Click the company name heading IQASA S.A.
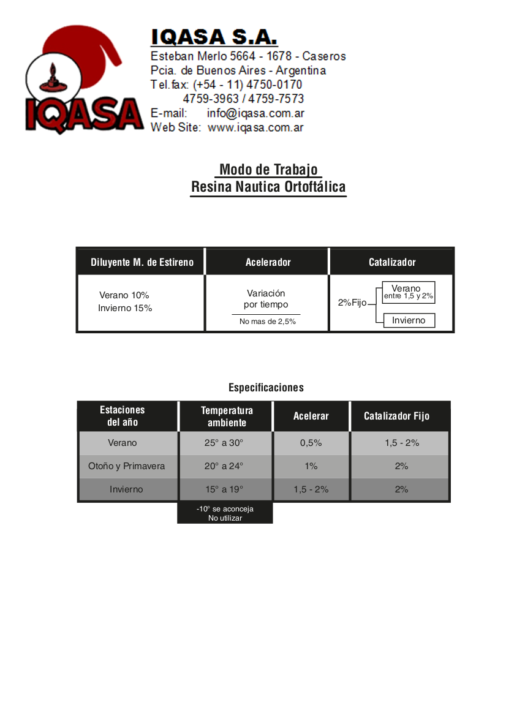click(214, 37)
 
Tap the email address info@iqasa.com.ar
click(255, 113)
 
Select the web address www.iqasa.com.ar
click(255, 128)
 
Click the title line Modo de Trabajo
click(268, 170)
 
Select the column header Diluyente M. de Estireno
click(142, 262)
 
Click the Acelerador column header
click(268, 262)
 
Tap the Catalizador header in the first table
click(392, 262)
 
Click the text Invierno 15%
click(125, 308)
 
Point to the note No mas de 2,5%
click(268, 322)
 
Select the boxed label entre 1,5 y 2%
click(409, 296)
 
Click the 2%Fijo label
click(352, 303)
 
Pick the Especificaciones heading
click(266, 388)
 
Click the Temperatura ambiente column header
click(227, 416)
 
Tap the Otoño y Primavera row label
click(127, 466)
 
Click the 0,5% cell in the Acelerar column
click(311, 443)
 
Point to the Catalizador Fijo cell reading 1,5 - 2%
click(402, 443)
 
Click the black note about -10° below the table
click(225, 513)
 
